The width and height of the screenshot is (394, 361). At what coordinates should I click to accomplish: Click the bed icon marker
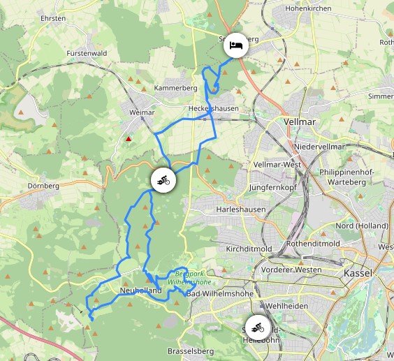point(235,45)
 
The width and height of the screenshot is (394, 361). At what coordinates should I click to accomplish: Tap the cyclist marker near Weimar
point(163,180)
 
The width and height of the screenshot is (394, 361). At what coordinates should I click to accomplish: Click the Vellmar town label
point(301,121)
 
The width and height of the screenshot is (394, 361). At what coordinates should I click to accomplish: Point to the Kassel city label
point(358,273)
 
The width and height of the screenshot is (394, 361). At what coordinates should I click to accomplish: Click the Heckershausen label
point(213,108)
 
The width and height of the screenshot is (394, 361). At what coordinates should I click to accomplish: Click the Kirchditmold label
point(249,249)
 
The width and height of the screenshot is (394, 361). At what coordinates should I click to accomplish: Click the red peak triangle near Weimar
point(129,139)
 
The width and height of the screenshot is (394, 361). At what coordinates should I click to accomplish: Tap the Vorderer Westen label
point(291,270)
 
